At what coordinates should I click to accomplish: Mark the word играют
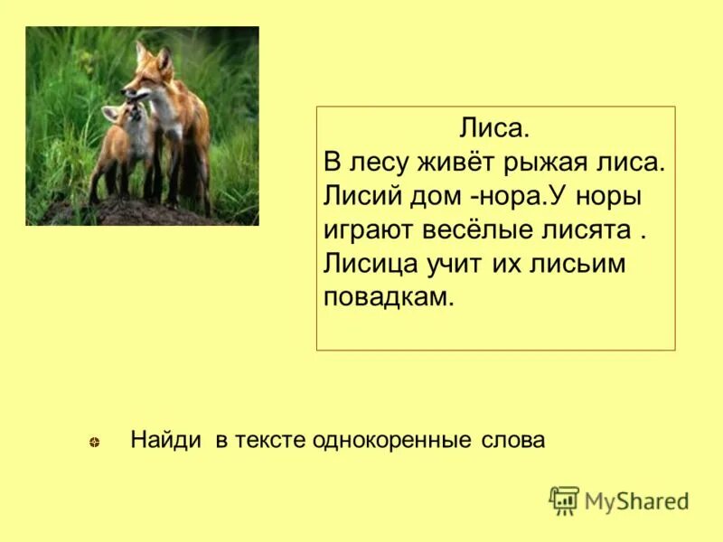coord(368,230)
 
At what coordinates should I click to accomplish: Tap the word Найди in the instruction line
coord(167,440)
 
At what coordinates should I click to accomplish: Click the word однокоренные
coord(392,440)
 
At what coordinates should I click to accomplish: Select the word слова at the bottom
coord(512,440)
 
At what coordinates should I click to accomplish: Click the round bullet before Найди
coord(94,442)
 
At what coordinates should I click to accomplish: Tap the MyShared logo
coord(619,500)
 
